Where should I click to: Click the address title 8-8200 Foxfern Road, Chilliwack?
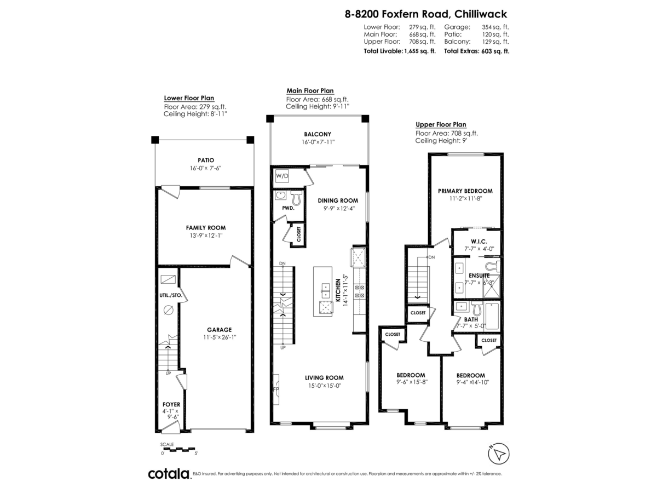(427, 14)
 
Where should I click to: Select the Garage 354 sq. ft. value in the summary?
(495, 27)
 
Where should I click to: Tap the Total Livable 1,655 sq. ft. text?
(400, 51)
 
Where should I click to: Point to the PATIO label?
(206, 160)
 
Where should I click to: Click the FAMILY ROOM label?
(205, 227)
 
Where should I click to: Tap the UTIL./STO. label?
(170, 295)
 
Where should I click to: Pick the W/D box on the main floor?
(281, 176)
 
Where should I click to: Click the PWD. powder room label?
(289, 208)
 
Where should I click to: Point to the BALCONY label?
(318, 134)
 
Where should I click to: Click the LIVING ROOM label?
(324, 377)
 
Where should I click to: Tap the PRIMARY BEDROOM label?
(465, 191)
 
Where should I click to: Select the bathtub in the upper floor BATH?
(492, 317)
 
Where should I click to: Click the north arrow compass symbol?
(498, 453)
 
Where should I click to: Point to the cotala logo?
(168, 474)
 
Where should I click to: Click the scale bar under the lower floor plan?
(178, 449)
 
